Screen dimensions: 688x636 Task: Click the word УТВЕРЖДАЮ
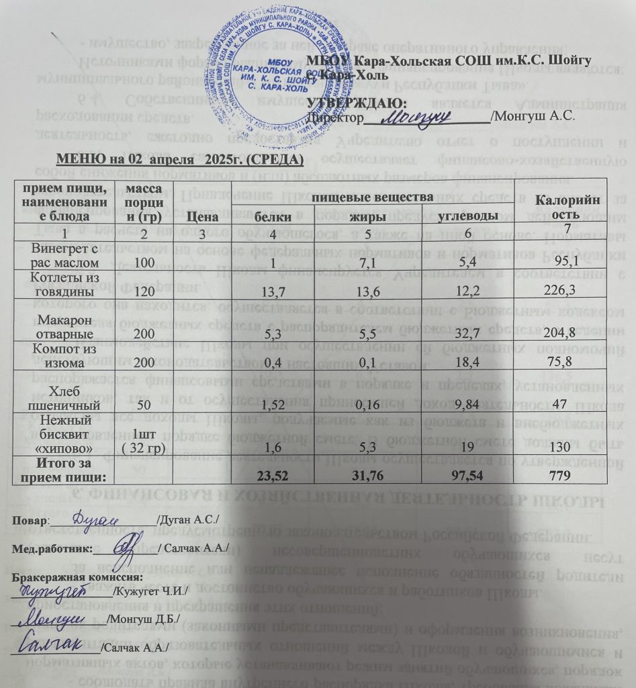(357, 103)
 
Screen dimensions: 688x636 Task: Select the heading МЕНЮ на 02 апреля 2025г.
(180, 160)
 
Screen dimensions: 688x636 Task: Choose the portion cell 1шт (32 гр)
(145, 437)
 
